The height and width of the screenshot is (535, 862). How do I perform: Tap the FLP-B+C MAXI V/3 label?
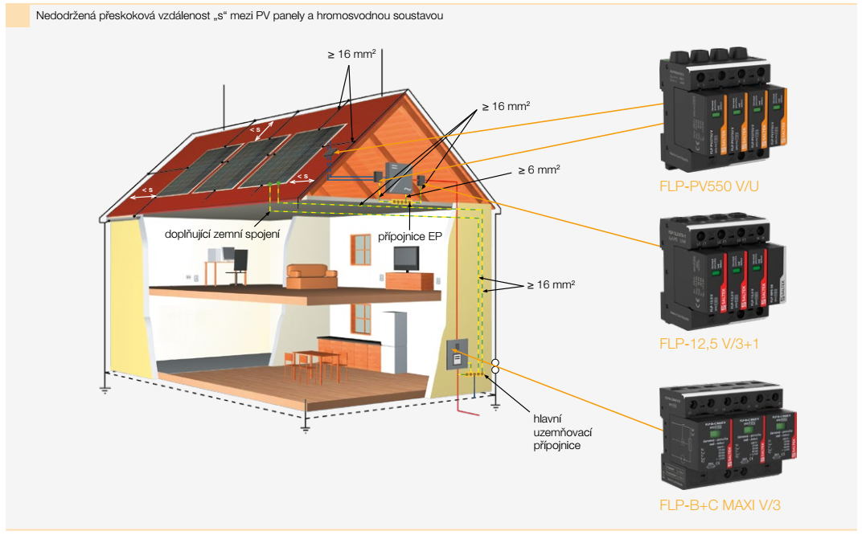(720, 505)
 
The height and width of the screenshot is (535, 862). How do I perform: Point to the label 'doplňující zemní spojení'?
(222, 235)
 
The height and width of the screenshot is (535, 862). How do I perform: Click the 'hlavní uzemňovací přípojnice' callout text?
(556, 432)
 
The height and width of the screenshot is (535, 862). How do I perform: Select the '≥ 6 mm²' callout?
(538, 169)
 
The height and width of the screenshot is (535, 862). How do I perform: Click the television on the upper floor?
(405, 259)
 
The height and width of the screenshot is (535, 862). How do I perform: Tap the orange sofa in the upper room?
(311, 276)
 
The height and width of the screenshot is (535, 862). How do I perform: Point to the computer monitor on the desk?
(240, 260)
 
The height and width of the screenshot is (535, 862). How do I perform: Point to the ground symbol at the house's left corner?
(104, 390)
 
